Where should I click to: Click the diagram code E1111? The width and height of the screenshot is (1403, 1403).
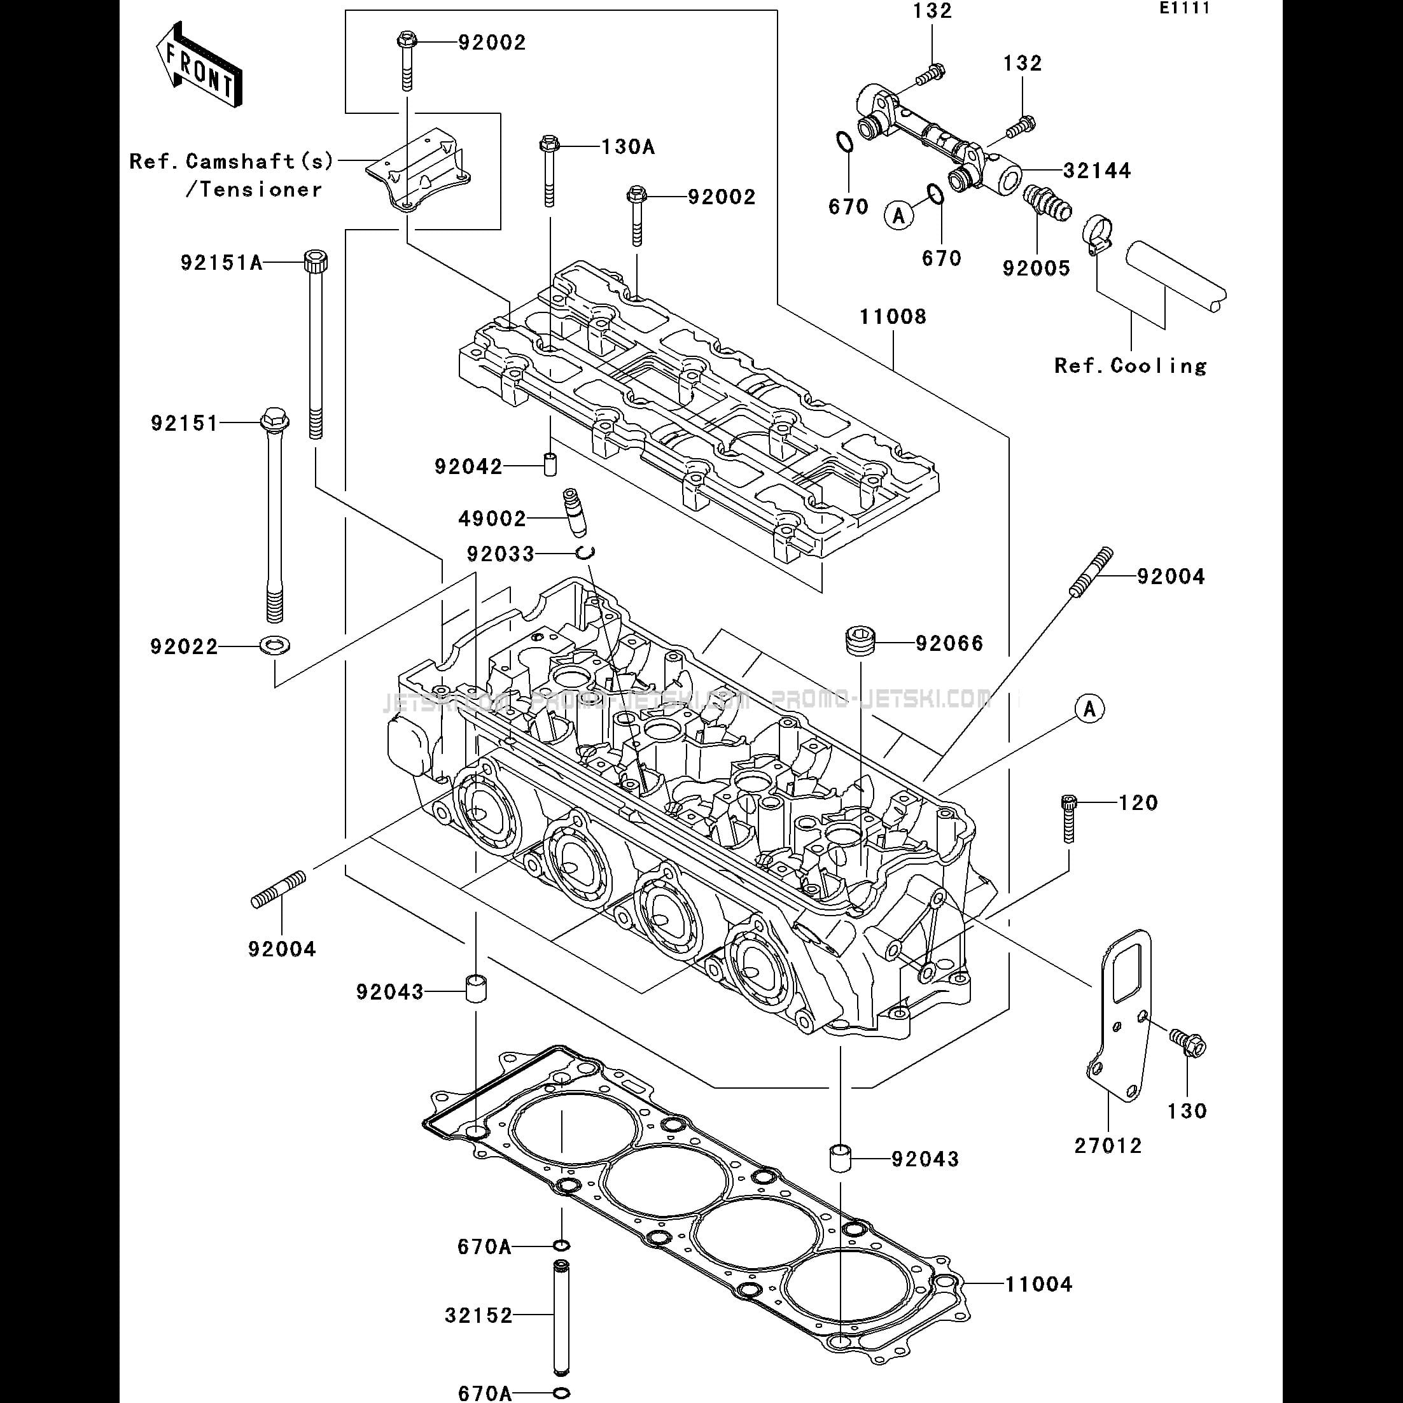click(1183, 10)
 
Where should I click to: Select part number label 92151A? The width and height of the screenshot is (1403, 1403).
click(221, 262)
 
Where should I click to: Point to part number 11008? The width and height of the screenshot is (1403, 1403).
click(893, 318)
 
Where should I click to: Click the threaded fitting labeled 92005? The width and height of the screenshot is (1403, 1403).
click(1045, 204)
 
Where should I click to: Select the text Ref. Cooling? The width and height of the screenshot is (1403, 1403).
click(1130, 365)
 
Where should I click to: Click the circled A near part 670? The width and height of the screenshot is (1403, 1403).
click(899, 215)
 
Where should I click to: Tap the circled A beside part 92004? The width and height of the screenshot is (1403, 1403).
click(1089, 708)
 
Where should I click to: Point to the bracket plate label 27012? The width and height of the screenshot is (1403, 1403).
click(1108, 1145)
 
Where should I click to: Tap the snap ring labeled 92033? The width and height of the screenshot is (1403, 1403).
click(585, 554)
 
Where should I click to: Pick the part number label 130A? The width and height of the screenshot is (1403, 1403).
click(627, 148)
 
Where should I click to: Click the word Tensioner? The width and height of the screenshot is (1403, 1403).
click(261, 190)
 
